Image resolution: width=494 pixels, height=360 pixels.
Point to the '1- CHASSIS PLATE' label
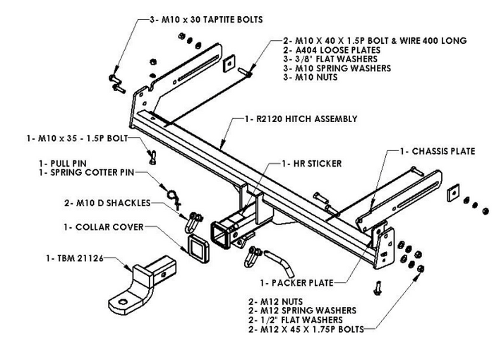point(438,151)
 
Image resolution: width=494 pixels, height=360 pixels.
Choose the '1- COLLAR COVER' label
point(102,227)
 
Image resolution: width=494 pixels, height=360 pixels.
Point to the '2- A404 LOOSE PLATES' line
point(331,51)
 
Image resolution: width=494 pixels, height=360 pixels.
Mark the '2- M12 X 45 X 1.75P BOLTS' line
point(306,330)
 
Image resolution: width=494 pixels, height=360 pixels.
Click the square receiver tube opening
point(220,233)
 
